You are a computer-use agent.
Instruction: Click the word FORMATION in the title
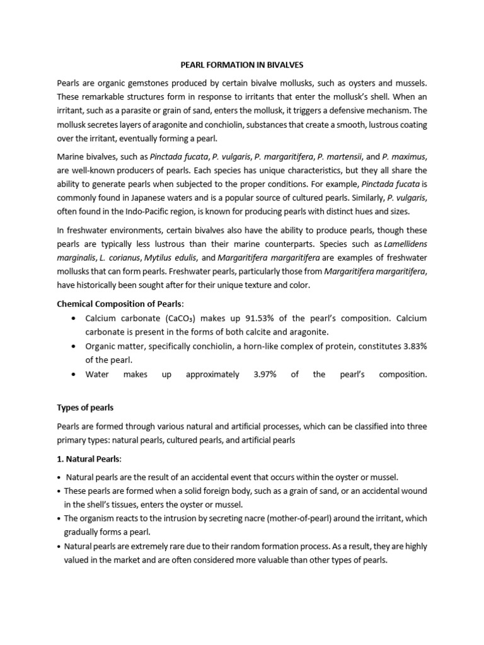pyautogui.click(x=225, y=64)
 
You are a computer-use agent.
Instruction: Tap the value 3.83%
pyautogui.click(x=411, y=346)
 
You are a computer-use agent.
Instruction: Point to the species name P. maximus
pyautogui.click(x=405, y=156)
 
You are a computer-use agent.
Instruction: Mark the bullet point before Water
pyautogui.click(x=76, y=374)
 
